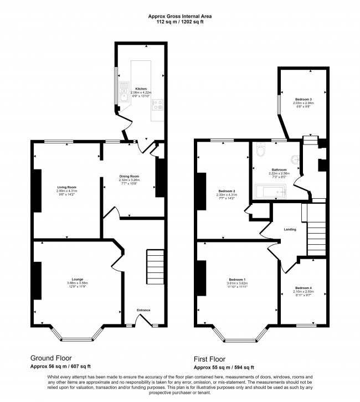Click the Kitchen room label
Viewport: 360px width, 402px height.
point(141,89)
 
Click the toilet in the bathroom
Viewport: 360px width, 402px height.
point(262,149)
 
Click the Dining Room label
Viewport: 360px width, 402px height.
point(128,176)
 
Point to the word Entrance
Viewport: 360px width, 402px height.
point(143,310)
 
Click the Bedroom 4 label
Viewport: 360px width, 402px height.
point(303,288)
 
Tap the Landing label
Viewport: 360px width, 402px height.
point(290,229)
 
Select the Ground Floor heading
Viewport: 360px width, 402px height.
point(50,358)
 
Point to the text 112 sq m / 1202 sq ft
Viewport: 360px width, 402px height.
point(179,23)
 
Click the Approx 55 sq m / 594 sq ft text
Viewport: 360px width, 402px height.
point(224,367)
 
